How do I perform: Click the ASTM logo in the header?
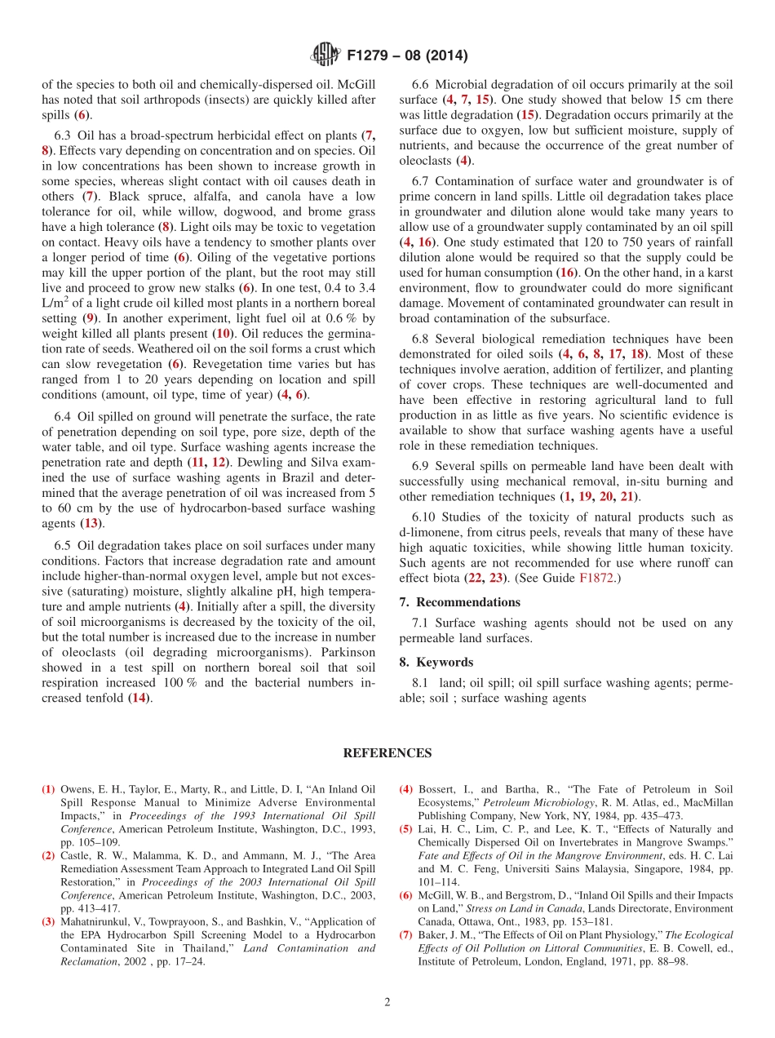pyautogui.click(x=325, y=56)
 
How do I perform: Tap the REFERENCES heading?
pyautogui.click(x=387, y=753)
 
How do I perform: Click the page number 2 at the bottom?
pyautogui.click(x=387, y=1002)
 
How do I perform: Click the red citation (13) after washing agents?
pyautogui.click(x=91, y=523)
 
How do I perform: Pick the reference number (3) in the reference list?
pyautogui.click(x=48, y=921)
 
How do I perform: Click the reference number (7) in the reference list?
pyautogui.click(x=405, y=935)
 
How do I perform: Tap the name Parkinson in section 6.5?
pyautogui.click(x=348, y=652)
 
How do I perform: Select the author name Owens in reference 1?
pyautogui.click(x=77, y=789)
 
